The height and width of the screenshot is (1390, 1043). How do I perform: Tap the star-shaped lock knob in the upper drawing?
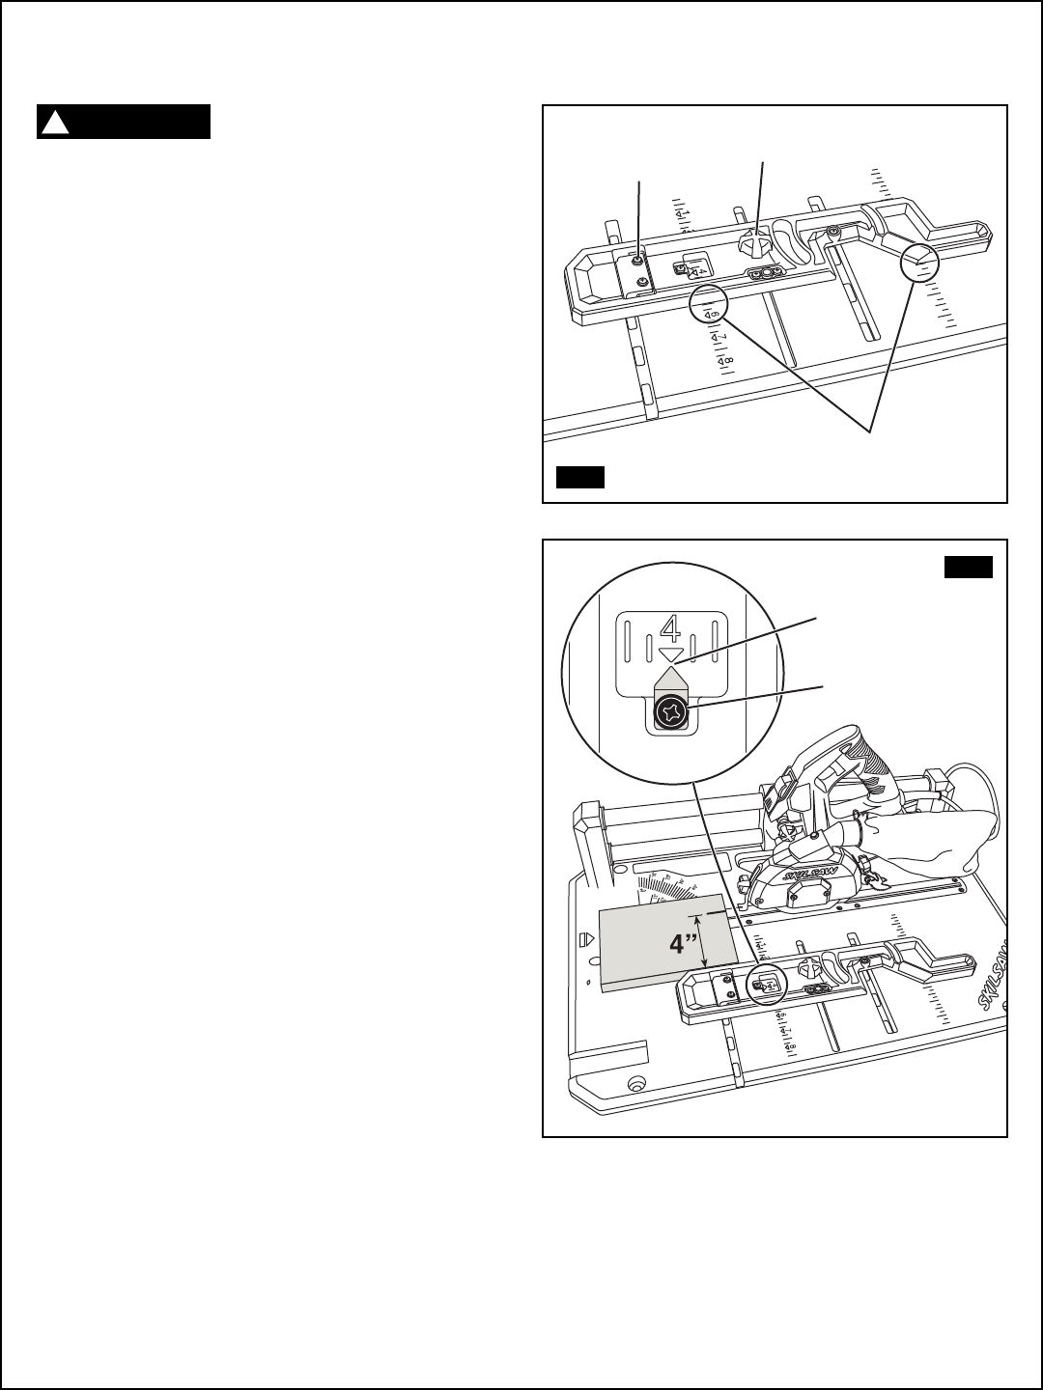754,241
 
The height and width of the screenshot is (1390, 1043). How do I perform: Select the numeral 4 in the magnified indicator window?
669,630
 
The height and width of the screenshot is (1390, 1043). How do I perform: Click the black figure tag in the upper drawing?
580,477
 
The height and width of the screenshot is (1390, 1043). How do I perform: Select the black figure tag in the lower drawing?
968,567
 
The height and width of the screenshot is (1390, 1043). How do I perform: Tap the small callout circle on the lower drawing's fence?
770,985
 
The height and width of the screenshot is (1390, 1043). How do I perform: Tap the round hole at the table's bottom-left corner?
635,1082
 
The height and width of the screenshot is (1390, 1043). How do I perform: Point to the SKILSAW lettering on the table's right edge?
991,985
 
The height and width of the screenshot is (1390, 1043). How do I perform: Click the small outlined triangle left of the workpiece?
583,938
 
